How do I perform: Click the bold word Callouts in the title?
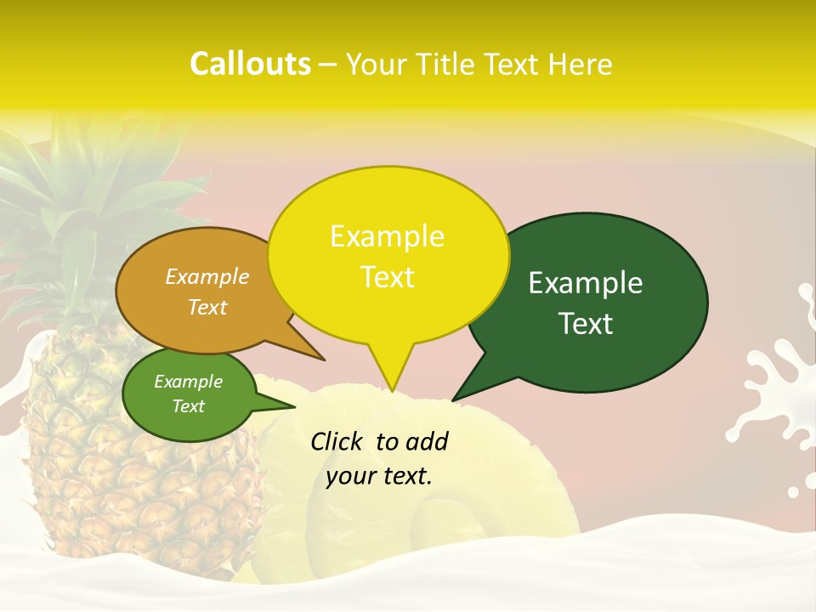[x=250, y=64]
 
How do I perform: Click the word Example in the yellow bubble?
[x=388, y=236]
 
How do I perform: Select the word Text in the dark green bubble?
[x=586, y=324]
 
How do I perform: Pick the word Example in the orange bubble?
[x=207, y=276]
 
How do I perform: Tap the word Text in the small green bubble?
[x=189, y=406]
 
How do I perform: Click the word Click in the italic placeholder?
[x=337, y=441]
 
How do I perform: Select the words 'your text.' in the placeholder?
[x=379, y=476]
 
